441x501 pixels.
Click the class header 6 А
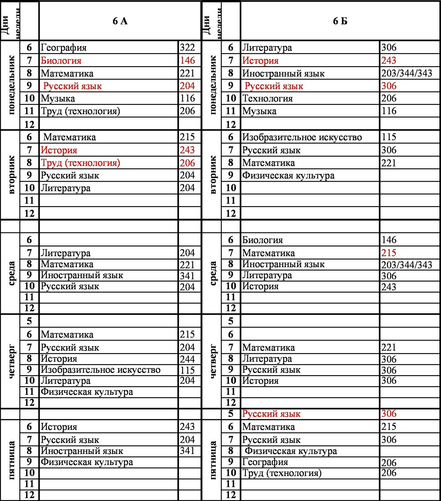point(120,21)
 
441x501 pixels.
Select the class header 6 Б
point(340,21)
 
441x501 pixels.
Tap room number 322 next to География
point(187,47)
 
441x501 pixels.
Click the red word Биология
point(61,60)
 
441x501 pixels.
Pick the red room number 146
point(187,60)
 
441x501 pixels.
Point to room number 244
point(187,359)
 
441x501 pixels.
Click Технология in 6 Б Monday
point(267,99)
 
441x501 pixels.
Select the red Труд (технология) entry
point(80,163)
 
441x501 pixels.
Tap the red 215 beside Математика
point(389,253)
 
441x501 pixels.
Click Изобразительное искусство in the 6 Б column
point(302,137)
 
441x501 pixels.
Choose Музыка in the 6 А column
point(58,99)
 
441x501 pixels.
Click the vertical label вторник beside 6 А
point(11,175)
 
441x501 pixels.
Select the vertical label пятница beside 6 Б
point(212,460)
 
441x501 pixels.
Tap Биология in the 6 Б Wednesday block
point(262,240)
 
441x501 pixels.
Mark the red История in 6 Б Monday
point(260,60)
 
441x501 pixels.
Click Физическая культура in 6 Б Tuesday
point(288,176)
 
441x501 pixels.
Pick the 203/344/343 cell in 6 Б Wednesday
point(407,265)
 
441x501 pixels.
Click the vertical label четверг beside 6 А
point(11,361)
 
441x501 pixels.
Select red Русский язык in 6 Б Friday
point(271,414)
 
